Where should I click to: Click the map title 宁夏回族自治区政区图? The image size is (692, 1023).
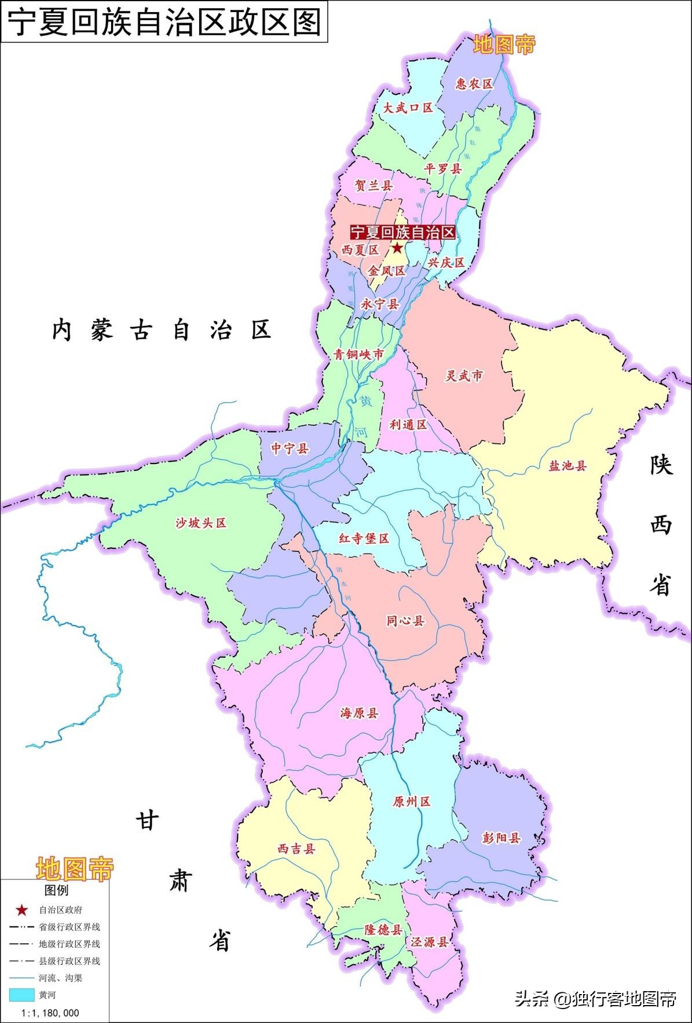(164, 22)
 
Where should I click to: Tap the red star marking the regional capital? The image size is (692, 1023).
(397, 248)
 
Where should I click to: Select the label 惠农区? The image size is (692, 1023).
(474, 84)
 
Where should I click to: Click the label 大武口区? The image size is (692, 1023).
(408, 108)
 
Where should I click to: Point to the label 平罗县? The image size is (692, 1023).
(443, 169)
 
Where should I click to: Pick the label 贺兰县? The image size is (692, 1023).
(374, 186)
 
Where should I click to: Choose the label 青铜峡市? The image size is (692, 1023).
(358, 354)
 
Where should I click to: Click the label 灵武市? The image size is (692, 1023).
(463, 376)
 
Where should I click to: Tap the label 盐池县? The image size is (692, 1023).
(567, 465)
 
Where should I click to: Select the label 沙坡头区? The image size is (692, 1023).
(201, 523)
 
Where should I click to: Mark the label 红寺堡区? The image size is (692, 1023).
(364, 538)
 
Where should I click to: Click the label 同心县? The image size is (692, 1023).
(405, 621)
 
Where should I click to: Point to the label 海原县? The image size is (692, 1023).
(359, 713)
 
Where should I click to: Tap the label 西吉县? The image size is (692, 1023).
(296, 849)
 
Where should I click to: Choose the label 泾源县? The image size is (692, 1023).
(429, 942)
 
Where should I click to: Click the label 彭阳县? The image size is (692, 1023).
(501, 837)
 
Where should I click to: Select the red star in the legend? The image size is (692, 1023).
(22, 910)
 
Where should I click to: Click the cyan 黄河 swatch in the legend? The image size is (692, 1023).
(22, 995)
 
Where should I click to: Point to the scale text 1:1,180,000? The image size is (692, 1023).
(50, 1013)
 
